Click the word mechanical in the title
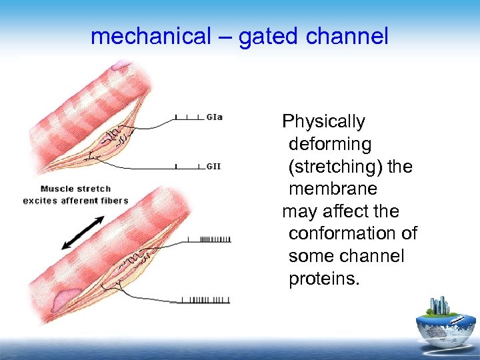149,37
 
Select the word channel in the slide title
347,37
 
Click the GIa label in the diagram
215,117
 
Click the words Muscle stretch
75,189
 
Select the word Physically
324,122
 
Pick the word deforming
330,144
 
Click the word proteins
324,279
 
